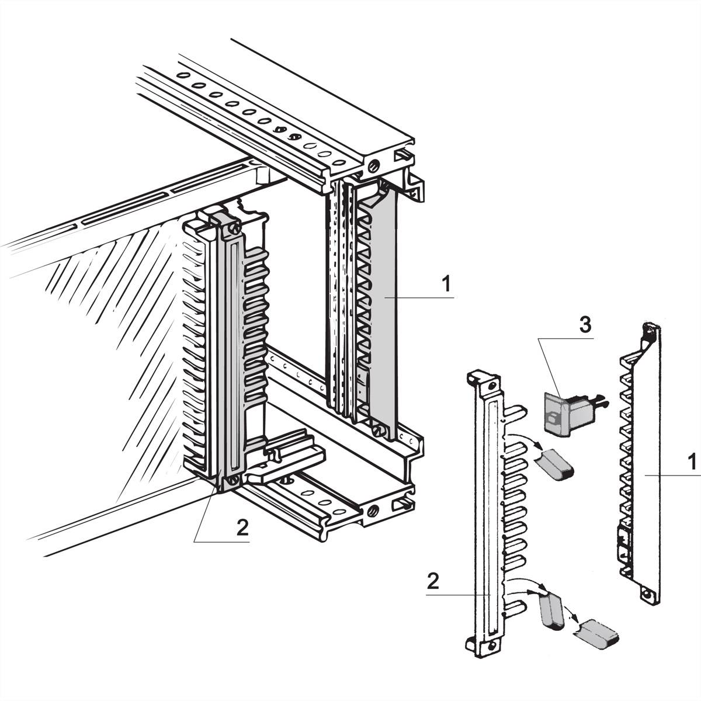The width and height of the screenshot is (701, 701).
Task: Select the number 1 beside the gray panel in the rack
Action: tap(446, 285)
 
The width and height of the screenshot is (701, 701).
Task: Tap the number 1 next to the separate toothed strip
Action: tap(691, 462)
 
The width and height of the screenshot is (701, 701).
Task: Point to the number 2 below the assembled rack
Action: tap(242, 528)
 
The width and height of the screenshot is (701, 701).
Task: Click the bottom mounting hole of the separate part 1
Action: tap(646, 596)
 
